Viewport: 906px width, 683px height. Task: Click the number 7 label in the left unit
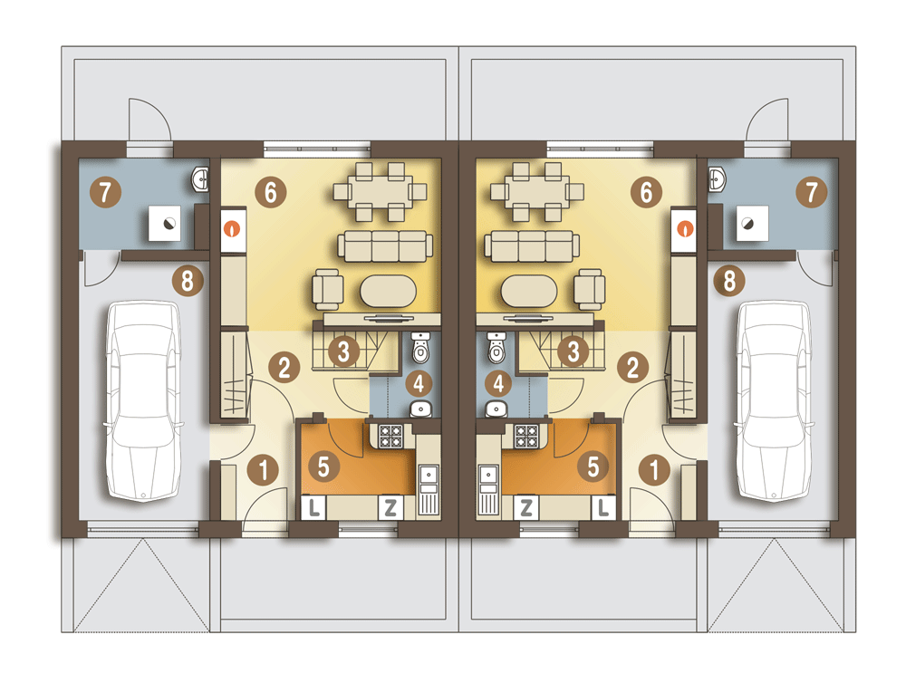[x=105, y=192]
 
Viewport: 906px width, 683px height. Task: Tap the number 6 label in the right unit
[x=647, y=192]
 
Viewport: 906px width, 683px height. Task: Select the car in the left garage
[x=144, y=401]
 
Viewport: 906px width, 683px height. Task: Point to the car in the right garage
[x=774, y=401]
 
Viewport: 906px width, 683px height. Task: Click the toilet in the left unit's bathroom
[x=420, y=347]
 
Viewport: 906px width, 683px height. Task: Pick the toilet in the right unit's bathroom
[x=496, y=347]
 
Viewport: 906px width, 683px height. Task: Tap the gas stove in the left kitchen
[x=390, y=437]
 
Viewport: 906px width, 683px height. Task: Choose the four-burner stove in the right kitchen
[x=526, y=437]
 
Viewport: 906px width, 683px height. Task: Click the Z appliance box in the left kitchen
[x=390, y=507]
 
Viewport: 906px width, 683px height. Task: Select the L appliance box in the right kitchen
[x=603, y=507]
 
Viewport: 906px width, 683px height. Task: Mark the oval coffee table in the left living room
[x=389, y=292]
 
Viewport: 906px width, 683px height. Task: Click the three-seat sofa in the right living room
[x=532, y=246]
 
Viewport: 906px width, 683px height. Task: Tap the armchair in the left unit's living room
[x=328, y=290]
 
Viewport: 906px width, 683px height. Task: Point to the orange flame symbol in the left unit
[x=234, y=229]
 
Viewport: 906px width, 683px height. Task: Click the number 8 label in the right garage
[x=729, y=281]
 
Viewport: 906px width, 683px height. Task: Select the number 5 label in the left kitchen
[x=323, y=467]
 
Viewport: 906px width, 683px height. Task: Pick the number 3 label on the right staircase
[x=573, y=351]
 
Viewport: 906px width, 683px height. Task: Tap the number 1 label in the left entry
[x=264, y=469]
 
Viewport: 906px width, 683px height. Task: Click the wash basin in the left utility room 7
[x=200, y=179]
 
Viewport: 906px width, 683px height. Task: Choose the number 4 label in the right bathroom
[x=498, y=382]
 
